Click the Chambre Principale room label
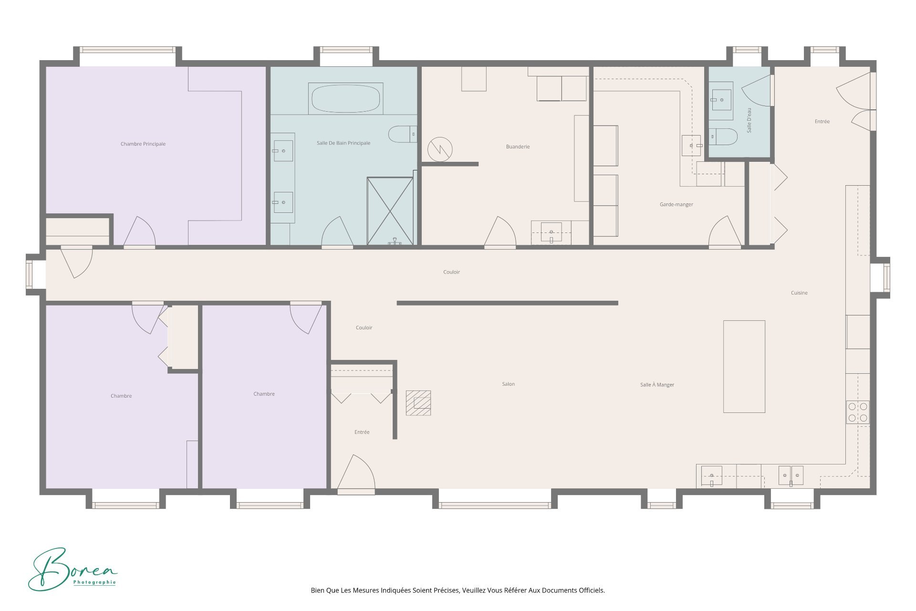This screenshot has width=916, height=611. [x=143, y=144]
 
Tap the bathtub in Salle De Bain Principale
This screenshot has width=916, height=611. [x=345, y=99]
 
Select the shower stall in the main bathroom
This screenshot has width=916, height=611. [x=390, y=211]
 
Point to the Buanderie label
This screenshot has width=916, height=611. [x=518, y=147]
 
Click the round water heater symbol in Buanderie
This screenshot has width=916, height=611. [x=439, y=149]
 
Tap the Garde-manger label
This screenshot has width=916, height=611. [x=676, y=204]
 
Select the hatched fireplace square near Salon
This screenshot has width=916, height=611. [x=418, y=403]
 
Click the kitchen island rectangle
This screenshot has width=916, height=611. [x=744, y=366]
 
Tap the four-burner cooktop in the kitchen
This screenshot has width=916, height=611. [x=857, y=412]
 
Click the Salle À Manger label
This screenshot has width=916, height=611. [x=657, y=385]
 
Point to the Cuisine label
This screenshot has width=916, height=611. [x=799, y=293]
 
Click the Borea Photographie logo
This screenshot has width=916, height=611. [x=72, y=569]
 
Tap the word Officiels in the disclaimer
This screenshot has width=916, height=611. [x=592, y=590]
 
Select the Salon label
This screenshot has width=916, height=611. [x=508, y=384]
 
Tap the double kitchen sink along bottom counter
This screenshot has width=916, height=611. [x=791, y=475]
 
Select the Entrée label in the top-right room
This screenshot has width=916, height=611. [x=822, y=121]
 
